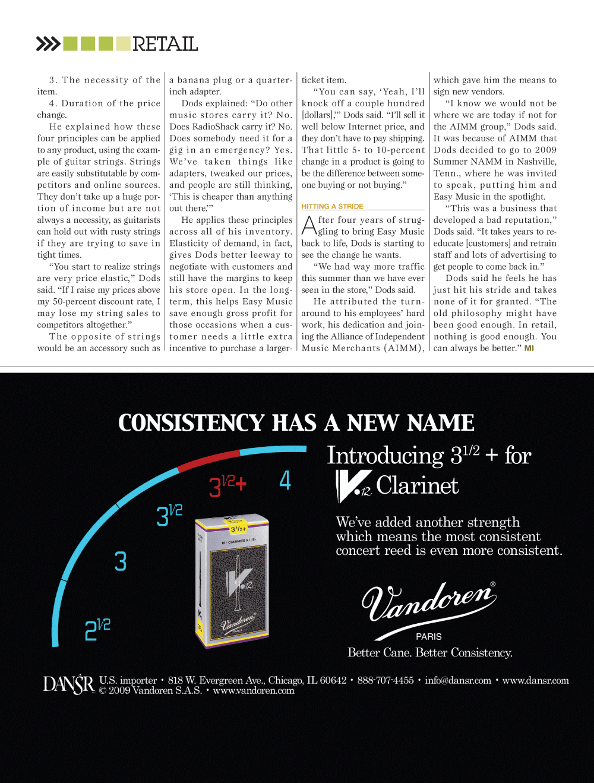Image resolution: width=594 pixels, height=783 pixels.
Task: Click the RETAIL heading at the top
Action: [165, 44]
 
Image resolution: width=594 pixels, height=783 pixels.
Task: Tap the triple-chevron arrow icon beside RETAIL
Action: [48, 44]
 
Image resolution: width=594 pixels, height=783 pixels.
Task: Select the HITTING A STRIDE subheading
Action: [332, 207]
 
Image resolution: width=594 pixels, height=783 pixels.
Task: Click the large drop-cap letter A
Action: [309, 226]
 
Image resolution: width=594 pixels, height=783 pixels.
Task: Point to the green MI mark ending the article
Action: [529, 348]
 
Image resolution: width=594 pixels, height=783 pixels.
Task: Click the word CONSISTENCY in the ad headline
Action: [191, 423]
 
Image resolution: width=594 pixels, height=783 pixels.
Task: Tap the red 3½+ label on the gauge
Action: [228, 486]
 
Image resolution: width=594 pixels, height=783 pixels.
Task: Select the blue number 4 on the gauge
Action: [285, 480]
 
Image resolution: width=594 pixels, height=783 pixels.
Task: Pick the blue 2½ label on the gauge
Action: [97, 630]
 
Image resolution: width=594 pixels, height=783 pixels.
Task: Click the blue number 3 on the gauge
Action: [121, 561]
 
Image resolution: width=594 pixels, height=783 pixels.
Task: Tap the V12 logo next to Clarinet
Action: [353, 486]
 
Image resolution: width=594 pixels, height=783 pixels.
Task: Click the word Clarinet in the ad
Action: [418, 486]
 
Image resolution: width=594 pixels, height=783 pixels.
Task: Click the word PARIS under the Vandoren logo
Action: [429, 636]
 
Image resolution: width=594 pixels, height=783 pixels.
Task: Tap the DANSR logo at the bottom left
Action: [68, 685]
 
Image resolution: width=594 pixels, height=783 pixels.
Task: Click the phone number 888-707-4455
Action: [386, 681]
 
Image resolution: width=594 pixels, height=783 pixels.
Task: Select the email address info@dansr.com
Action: [458, 681]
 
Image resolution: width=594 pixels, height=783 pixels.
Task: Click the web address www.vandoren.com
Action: [254, 691]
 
